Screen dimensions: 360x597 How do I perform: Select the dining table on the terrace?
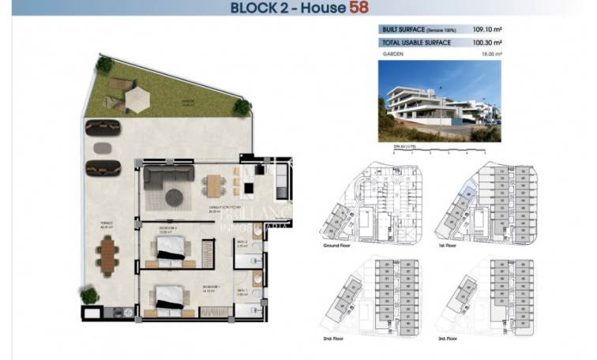107,254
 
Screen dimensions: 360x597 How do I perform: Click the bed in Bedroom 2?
172,249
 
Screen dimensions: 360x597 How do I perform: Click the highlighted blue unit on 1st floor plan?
468,190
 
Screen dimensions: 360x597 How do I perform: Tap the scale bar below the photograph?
439,150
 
